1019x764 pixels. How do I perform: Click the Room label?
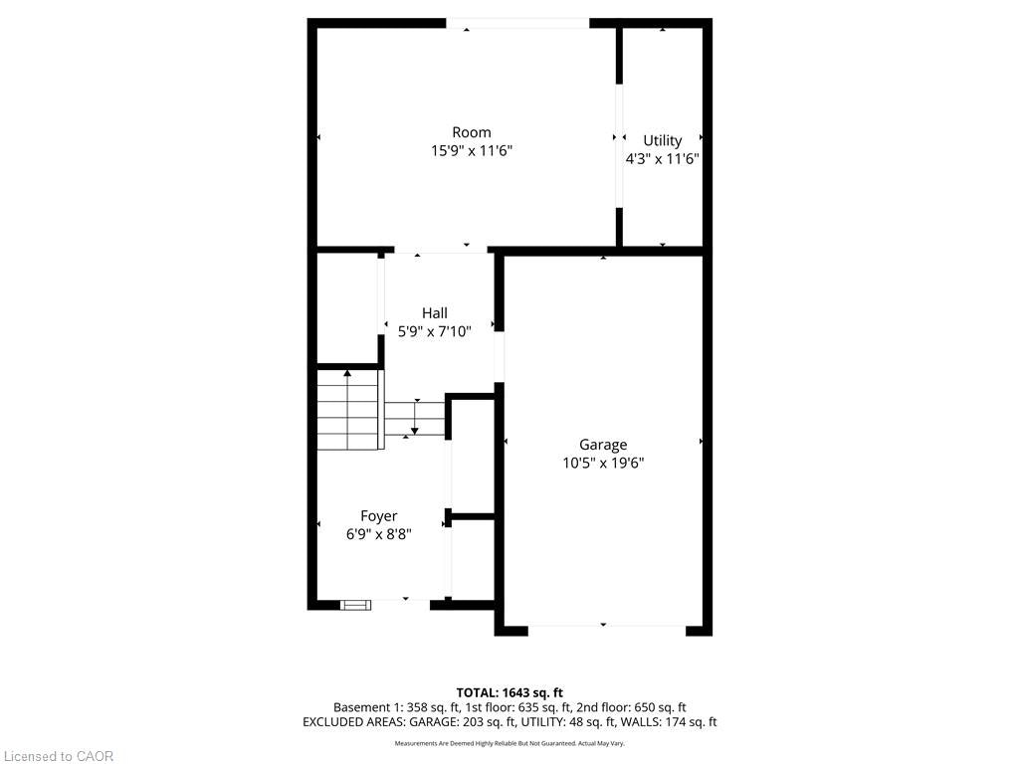[x=471, y=132]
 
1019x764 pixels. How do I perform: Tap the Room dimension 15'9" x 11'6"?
[x=472, y=151]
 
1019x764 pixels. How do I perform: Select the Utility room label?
[x=662, y=141]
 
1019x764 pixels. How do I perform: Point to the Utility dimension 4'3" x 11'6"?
[x=662, y=158]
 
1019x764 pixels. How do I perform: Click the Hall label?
[x=435, y=313]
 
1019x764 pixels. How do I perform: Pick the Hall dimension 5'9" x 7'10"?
[x=435, y=331]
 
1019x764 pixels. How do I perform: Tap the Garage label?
[x=603, y=445]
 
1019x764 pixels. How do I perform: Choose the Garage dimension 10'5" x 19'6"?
[x=603, y=463]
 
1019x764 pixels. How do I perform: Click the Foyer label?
[x=379, y=516]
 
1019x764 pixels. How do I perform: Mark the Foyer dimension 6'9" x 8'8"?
[x=379, y=534]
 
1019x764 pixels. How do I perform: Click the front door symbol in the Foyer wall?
[x=355, y=606]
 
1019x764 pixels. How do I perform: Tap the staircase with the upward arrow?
[x=347, y=409]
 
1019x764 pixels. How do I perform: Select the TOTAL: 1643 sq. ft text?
[x=509, y=692]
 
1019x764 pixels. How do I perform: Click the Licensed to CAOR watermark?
[x=57, y=756]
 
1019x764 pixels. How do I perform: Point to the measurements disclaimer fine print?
[x=509, y=743]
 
